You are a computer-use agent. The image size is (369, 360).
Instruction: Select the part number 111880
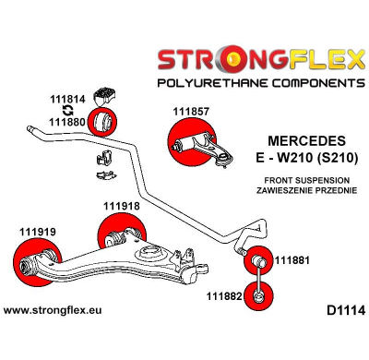tap(67, 121)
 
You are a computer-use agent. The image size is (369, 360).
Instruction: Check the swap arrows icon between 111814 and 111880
tap(67, 109)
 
